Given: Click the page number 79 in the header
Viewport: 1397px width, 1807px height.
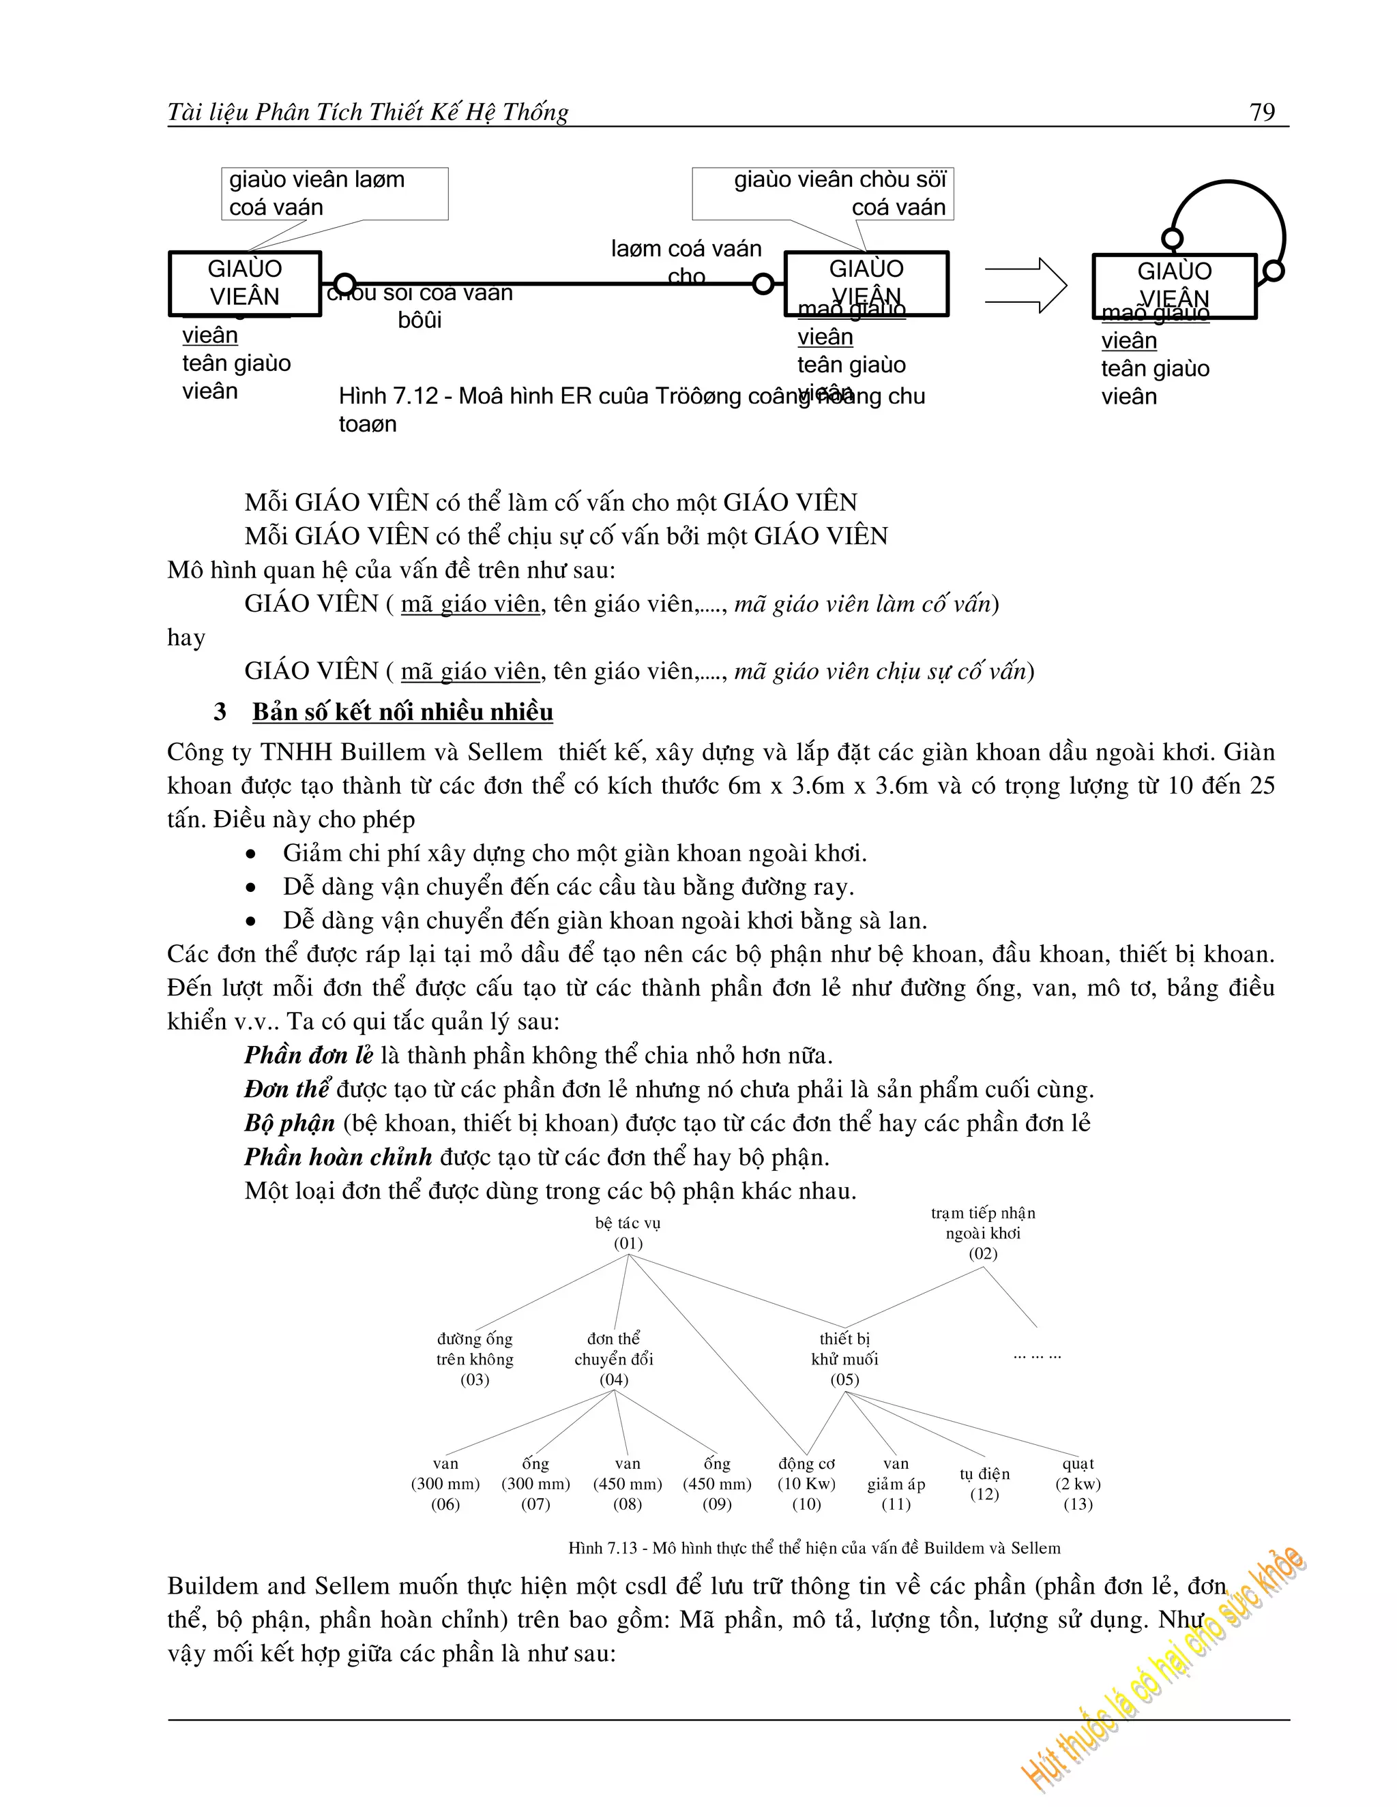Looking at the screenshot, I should point(1262,113).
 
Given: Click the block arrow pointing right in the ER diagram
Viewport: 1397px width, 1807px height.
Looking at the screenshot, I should point(1026,286).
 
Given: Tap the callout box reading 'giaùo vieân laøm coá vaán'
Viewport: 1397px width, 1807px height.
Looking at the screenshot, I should point(334,194).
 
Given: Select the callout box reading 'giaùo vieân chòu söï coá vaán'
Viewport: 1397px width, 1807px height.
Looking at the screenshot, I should point(823,194).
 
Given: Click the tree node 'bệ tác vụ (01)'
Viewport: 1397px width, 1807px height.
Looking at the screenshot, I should point(628,1233).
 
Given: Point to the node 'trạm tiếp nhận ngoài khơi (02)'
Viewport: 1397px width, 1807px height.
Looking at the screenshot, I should point(982,1233).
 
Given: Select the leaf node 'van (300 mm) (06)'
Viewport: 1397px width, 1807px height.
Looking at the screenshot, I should point(445,1484).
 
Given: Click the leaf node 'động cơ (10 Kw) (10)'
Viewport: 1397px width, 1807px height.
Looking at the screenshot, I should point(807,1484).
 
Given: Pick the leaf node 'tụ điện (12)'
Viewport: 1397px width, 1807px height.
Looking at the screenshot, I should point(985,1484).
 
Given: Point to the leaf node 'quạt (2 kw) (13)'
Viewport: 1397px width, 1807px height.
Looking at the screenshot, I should point(1078,1484).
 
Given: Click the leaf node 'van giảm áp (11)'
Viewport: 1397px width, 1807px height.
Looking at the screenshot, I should point(896,1484).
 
